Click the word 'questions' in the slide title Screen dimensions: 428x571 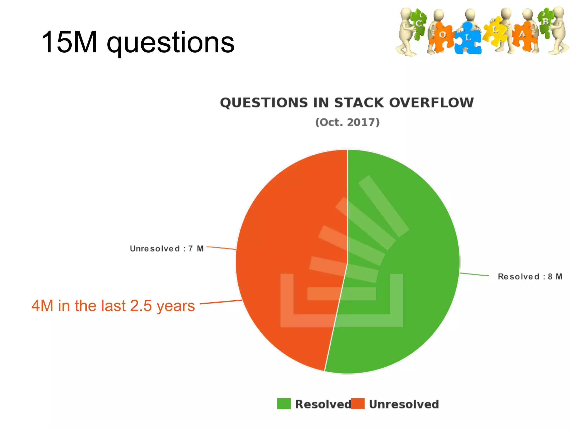(171, 43)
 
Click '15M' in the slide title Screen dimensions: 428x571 (69, 42)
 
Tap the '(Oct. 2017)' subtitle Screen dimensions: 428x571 (347, 122)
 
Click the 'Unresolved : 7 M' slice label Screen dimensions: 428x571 (167, 249)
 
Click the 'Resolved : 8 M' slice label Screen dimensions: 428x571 (530, 276)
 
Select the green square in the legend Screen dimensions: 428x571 (284, 404)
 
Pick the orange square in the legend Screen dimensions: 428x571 (358, 404)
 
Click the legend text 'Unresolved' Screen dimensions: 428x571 (404, 404)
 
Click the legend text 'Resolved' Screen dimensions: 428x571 (323, 404)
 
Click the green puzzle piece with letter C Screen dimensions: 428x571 (418, 24)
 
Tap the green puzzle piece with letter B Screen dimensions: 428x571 (546, 22)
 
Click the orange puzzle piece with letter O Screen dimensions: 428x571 (442, 36)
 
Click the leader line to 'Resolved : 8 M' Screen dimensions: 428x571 (474, 274)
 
